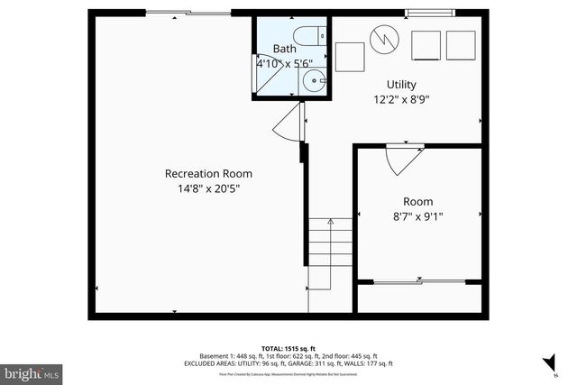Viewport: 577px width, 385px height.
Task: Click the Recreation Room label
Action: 207,173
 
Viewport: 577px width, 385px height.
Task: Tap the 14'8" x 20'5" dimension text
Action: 207,188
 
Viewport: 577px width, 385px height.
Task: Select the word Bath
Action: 284,49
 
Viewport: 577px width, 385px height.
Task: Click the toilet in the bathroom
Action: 308,36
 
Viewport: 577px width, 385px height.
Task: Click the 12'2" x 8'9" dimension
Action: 401,100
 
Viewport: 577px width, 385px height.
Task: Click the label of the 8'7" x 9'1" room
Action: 417,200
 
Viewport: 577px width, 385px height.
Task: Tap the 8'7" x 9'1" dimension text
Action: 417,215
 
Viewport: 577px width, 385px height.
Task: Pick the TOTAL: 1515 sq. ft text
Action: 288,347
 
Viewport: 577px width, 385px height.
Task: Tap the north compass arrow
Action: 547,363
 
